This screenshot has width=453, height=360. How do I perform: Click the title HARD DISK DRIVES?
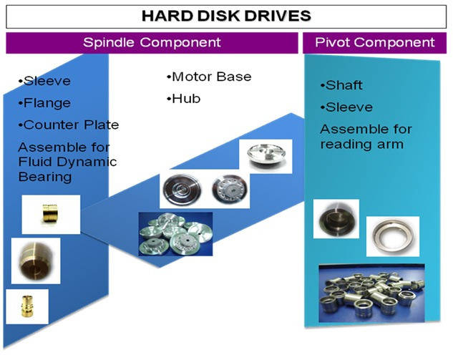tap(226, 16)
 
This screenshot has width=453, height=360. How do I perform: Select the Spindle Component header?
tap(152, 42)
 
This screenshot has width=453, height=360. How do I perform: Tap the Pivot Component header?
tap(375, 42)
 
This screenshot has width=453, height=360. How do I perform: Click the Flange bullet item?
tap(44, 103)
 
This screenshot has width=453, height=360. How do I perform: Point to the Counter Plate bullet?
tap(69, 125)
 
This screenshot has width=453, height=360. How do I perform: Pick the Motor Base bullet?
tap(209, 77)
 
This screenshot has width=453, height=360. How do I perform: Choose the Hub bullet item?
tap(183, 99)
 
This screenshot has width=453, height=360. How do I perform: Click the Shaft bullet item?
tap(341, 85)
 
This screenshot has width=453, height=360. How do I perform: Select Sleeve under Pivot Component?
tap(346, 107)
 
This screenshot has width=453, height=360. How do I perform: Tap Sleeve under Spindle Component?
tap(44, 81)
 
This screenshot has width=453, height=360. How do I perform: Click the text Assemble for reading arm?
tap(366, 137)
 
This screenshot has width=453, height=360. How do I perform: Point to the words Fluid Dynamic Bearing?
tap(67, 170)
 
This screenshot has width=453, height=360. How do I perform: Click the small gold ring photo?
tap(51, 215)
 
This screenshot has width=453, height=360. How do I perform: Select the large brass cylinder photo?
tap(36, 261)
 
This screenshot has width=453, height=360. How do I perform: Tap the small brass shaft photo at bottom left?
tap(27, 306)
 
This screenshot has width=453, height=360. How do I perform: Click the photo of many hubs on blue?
tap(175, 234)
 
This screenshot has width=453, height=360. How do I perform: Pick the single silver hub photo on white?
tap(266, 156)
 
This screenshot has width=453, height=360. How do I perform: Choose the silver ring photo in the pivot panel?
tap(393, 236)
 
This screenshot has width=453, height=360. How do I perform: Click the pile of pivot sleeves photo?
tap(372, 293)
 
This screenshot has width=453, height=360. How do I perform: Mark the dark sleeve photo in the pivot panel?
tap(336, 219)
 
